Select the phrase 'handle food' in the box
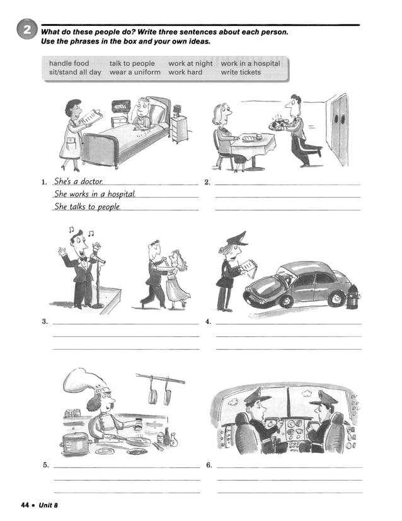[x=69, y=64]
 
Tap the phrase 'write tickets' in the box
[x=241, y=72]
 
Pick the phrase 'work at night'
[x=190, y=64]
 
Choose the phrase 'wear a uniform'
[x=135, y=72]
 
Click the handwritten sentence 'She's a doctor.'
[x=78, y=181]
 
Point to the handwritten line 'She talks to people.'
[x=87, y=207]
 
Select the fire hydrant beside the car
[x=353, y=295]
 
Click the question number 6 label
[x=209, y=465]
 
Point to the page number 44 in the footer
[x=25, y=505]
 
